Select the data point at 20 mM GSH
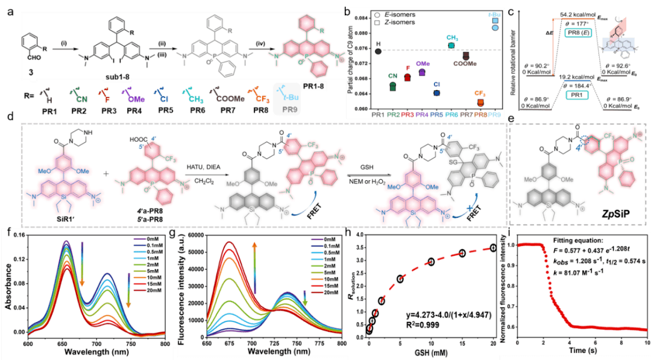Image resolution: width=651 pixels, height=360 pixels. [493, 248]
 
